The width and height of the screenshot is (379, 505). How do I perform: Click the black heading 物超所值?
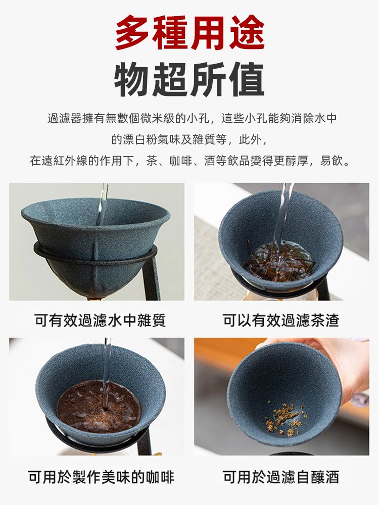(189, 80)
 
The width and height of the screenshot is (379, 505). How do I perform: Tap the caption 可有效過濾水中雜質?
(100, 320)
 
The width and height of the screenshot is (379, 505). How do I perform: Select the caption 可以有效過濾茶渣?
(281, 320)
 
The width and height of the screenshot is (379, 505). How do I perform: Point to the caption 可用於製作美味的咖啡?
(101, 477)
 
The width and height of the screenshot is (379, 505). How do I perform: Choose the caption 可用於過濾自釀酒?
(281, 477)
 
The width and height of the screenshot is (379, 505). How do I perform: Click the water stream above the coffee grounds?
(106, 374)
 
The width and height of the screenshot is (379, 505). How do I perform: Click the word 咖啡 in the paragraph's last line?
(181, 161)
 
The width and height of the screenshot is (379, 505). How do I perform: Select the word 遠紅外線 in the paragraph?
(65, 161)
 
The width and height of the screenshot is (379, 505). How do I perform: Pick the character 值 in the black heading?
(247, 80)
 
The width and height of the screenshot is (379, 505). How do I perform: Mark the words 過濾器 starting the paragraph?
(65, 119)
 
